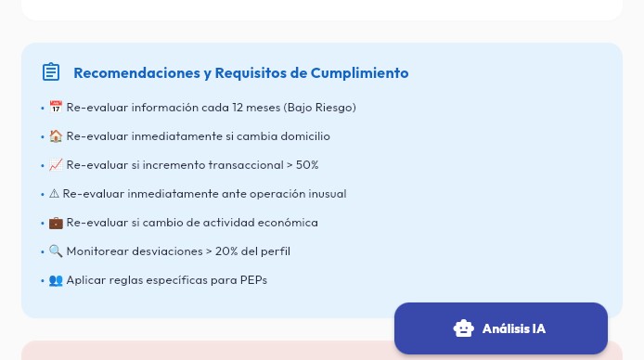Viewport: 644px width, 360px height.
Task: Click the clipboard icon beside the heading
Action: pyautogui.click(x=51, y=72)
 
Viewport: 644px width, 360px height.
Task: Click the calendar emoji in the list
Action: pyautogui.click(x=56, y=108)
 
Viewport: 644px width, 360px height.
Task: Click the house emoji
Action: pyautogui.click(x=56, y=136)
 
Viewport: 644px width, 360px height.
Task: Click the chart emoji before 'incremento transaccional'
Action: pyautogui.click(x=56, y=165)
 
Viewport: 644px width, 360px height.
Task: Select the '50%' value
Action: pyautogui.click(x=307, y=165)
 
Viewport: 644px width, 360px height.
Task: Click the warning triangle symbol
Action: pyautogui.click(x=54, y=194)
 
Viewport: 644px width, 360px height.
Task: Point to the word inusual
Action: pyautogui.click(x=324, y=194)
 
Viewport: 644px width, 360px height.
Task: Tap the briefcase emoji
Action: pyautogui.click(x=56, y=223)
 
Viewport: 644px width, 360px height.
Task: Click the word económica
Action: pyautogui.click(x=291, y=223)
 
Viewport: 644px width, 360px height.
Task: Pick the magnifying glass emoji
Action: pyautogui.click(x=56, y=251)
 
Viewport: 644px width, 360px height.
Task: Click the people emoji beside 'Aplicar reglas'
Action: pyautogui.click(x=56, y=280)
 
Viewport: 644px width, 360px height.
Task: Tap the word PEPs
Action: pyautogui.click(x=253, y=280)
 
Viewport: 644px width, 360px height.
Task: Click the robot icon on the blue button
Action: pyautogui.click(x=463, y=328)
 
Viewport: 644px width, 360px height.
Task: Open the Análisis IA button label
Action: pyautogui.click(x=514, y=328)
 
